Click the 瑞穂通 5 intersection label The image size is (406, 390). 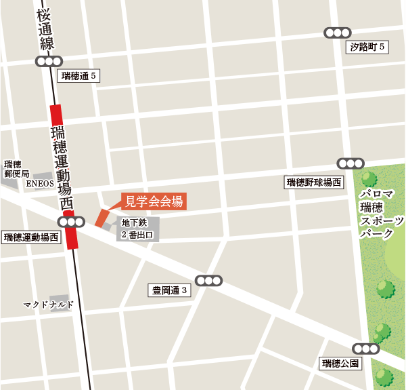80,76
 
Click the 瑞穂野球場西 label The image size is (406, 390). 314,182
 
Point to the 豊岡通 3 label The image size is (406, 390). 170,291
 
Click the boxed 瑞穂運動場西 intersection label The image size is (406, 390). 31,237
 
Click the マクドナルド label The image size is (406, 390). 48,305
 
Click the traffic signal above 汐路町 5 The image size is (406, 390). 337,33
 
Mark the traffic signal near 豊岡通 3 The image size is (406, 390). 208,280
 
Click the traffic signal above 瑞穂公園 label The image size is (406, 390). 366,349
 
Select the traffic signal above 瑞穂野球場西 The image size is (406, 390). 351,163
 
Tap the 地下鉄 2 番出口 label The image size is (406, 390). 138,229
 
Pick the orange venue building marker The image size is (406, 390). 102,218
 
